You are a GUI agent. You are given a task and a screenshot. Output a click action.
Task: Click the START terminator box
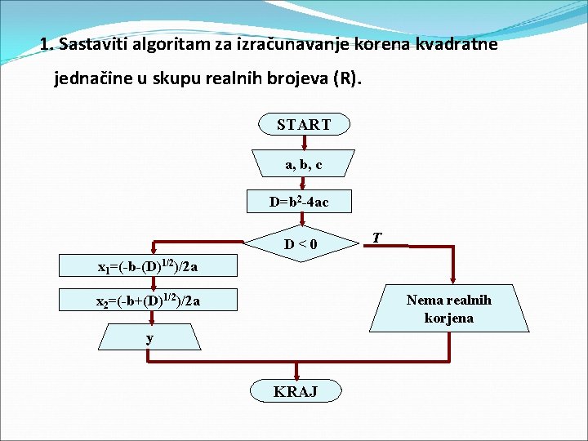[x=304, y=124]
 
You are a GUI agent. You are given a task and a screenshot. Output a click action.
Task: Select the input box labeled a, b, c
[x=304, y=164]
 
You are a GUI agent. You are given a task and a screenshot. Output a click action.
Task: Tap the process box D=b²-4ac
[x=299, y=201]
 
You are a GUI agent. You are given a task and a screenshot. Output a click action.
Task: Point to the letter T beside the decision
[x=376, y=238]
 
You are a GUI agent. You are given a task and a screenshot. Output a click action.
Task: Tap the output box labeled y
[x=149, y=337]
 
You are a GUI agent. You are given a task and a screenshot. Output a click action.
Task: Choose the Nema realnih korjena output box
[x=449, y=309]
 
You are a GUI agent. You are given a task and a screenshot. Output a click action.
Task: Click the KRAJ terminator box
[x=296, y=391]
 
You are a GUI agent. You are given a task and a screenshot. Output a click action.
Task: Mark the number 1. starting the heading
[x=46, y=44]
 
